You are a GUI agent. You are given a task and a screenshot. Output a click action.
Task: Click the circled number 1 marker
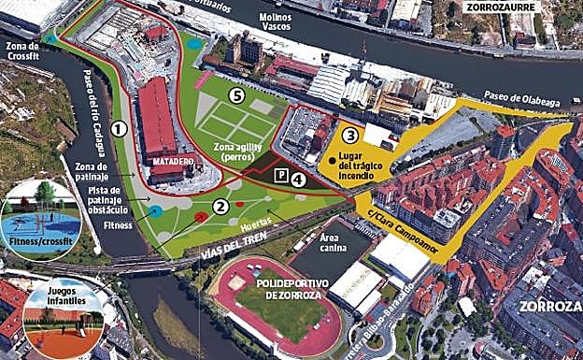(x=119, y=128)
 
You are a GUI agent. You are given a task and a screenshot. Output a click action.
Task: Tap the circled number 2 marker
(x=220, y=207)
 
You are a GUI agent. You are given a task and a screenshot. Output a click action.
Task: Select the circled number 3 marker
(x=349, y=135)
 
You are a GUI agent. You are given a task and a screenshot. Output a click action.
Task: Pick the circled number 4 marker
(x=298, y=179)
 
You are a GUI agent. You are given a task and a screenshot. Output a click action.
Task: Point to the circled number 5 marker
(x=237, y=94)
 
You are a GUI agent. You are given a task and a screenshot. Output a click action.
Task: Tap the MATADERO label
(x=172, y=161)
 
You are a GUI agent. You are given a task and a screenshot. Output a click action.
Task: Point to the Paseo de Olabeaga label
(x=520, y=95)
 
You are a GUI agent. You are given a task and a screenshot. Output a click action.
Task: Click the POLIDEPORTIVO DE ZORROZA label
(x=273, y=289)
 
